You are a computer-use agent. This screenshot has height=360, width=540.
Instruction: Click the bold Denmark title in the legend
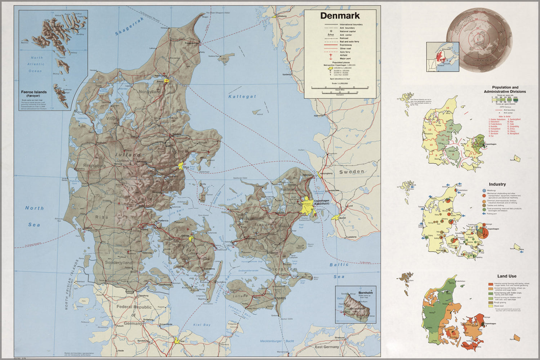[x=340, y=16]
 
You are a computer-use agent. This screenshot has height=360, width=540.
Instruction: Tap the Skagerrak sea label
[x=129, y=27]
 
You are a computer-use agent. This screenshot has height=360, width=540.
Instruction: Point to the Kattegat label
[x=242, y=96]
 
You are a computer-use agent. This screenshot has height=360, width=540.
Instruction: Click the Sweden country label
[x=352, y=172]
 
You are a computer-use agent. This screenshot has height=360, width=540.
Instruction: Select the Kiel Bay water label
[x=202, y=325]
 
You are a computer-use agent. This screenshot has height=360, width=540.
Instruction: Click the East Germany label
[x=327, y=347]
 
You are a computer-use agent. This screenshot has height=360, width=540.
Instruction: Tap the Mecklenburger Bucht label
[x=277, y=341]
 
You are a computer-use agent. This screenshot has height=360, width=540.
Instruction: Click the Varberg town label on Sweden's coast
[x=286, y=75]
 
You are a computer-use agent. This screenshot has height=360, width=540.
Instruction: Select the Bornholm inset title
[x=365, y=293]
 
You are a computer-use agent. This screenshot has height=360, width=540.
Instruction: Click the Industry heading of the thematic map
[x=507, y=184]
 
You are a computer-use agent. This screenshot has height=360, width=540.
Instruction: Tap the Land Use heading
[x=507, y=276]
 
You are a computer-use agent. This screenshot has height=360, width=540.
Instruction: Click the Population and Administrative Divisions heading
[x=505, y=89]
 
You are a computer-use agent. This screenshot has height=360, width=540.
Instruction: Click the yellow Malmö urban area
[x=336, y=218]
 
